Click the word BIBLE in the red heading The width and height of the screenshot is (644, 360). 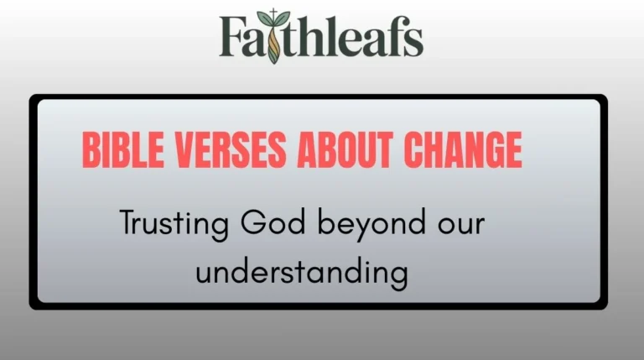(117, 151)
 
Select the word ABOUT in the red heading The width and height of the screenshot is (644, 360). (340, 151)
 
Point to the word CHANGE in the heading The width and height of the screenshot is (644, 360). (463, 151)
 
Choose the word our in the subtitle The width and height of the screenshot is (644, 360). (460, 225)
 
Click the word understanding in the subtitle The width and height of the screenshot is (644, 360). (302, 273)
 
